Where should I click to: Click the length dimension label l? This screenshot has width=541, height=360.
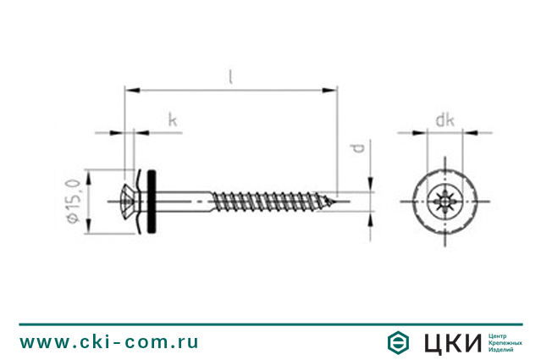click(229, 76)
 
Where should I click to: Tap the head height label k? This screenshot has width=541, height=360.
click(172, 121)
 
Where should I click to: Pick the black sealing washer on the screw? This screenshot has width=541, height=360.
click(152, 202)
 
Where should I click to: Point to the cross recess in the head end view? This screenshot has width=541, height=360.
click(441, 202)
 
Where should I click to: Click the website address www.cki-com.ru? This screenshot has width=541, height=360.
click(109, 342)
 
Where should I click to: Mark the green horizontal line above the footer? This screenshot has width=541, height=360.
click(270, 324)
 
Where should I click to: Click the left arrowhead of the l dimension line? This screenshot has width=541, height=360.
click(129, 87)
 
